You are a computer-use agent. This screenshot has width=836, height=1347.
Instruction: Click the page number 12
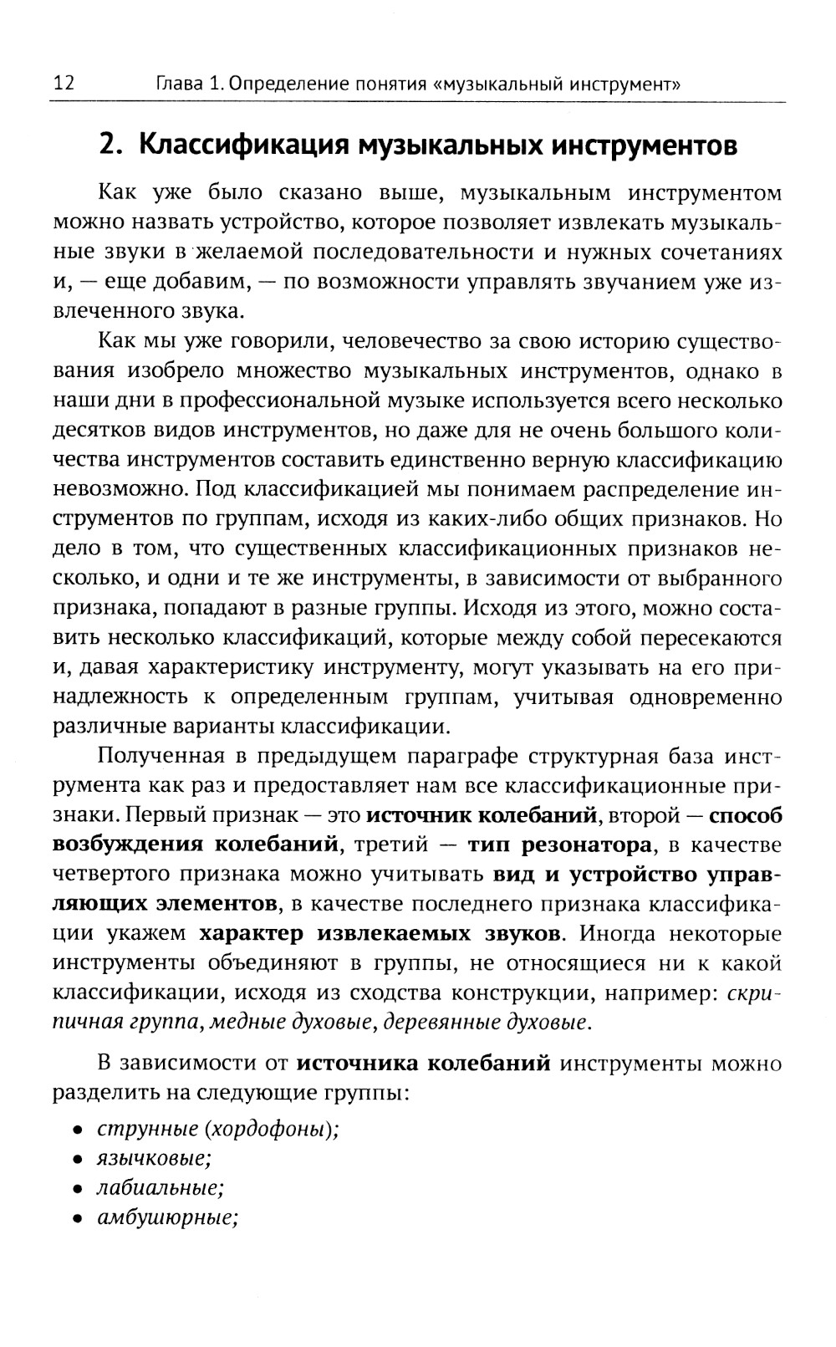(64, 83)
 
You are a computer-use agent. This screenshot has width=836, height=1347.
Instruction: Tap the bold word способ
(746, 815)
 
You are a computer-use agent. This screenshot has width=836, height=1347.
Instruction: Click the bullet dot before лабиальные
(77, 1189)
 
